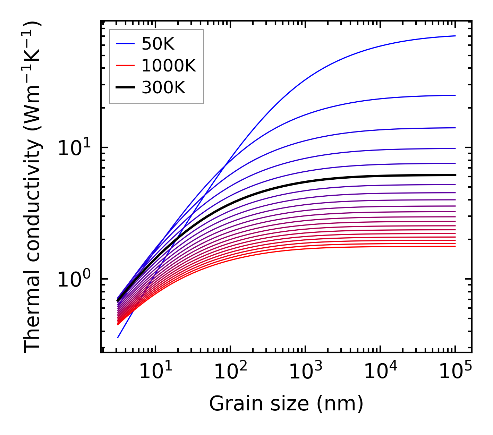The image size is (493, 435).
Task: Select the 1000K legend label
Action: [x=169, y=66]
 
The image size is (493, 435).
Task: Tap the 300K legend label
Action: [x=163, y=88]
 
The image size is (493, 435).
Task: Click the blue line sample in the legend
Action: [x=125, y=44]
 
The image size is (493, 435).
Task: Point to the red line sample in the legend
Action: [x=125, y=66]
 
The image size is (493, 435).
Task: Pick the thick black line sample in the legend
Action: [x=125, y=88]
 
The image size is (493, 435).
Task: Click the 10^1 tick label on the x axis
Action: [x=155, y=373]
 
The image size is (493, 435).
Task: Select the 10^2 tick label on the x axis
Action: [x=230, y=373]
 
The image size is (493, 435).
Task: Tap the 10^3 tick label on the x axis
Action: [x=305, y=373]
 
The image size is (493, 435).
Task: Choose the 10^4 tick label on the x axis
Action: [x=380, y=373]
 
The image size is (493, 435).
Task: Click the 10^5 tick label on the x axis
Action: [x=455, y=373]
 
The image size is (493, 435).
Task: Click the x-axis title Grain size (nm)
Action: [x=286, y=404]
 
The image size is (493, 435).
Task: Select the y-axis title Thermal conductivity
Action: [x=33, y=187]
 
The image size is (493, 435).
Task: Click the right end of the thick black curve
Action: [x=455, y=175]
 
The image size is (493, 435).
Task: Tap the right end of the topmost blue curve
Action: [x=455, y=36]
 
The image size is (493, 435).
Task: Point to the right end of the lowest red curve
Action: [x=455, y=246]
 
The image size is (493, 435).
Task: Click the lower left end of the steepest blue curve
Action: [x=118, y=338]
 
